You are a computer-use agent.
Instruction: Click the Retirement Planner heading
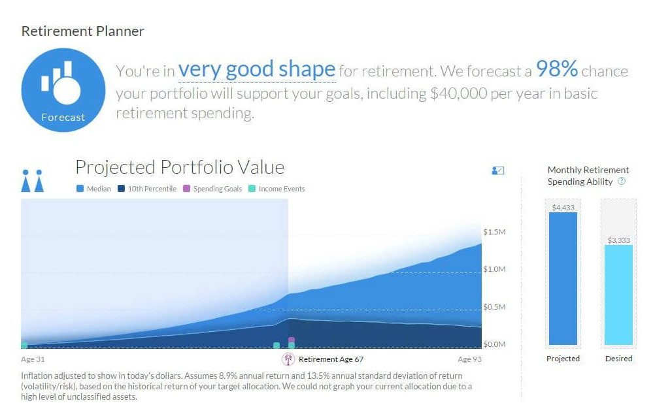83,31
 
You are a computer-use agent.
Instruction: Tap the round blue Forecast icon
63,90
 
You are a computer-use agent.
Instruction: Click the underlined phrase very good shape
256,69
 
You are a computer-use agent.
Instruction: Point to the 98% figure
557,69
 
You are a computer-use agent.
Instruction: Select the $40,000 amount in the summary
458,93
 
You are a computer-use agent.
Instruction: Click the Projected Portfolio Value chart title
180,167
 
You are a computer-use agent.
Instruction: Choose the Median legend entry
93,189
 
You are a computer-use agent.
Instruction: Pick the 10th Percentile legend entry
147,189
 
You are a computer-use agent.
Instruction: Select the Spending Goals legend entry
212,189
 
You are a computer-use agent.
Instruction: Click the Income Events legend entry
276,189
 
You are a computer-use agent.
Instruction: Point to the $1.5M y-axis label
494,232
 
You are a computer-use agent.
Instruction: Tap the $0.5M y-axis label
494,307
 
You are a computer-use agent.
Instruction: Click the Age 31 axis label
33,359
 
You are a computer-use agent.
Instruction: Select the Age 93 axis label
469,359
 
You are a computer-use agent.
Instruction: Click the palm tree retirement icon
288,359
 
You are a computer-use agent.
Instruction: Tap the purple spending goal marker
292,340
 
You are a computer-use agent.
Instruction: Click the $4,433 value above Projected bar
563,208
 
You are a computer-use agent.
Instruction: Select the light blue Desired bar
618,295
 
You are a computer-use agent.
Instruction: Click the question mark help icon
622,181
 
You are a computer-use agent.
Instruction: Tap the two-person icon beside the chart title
33,181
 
